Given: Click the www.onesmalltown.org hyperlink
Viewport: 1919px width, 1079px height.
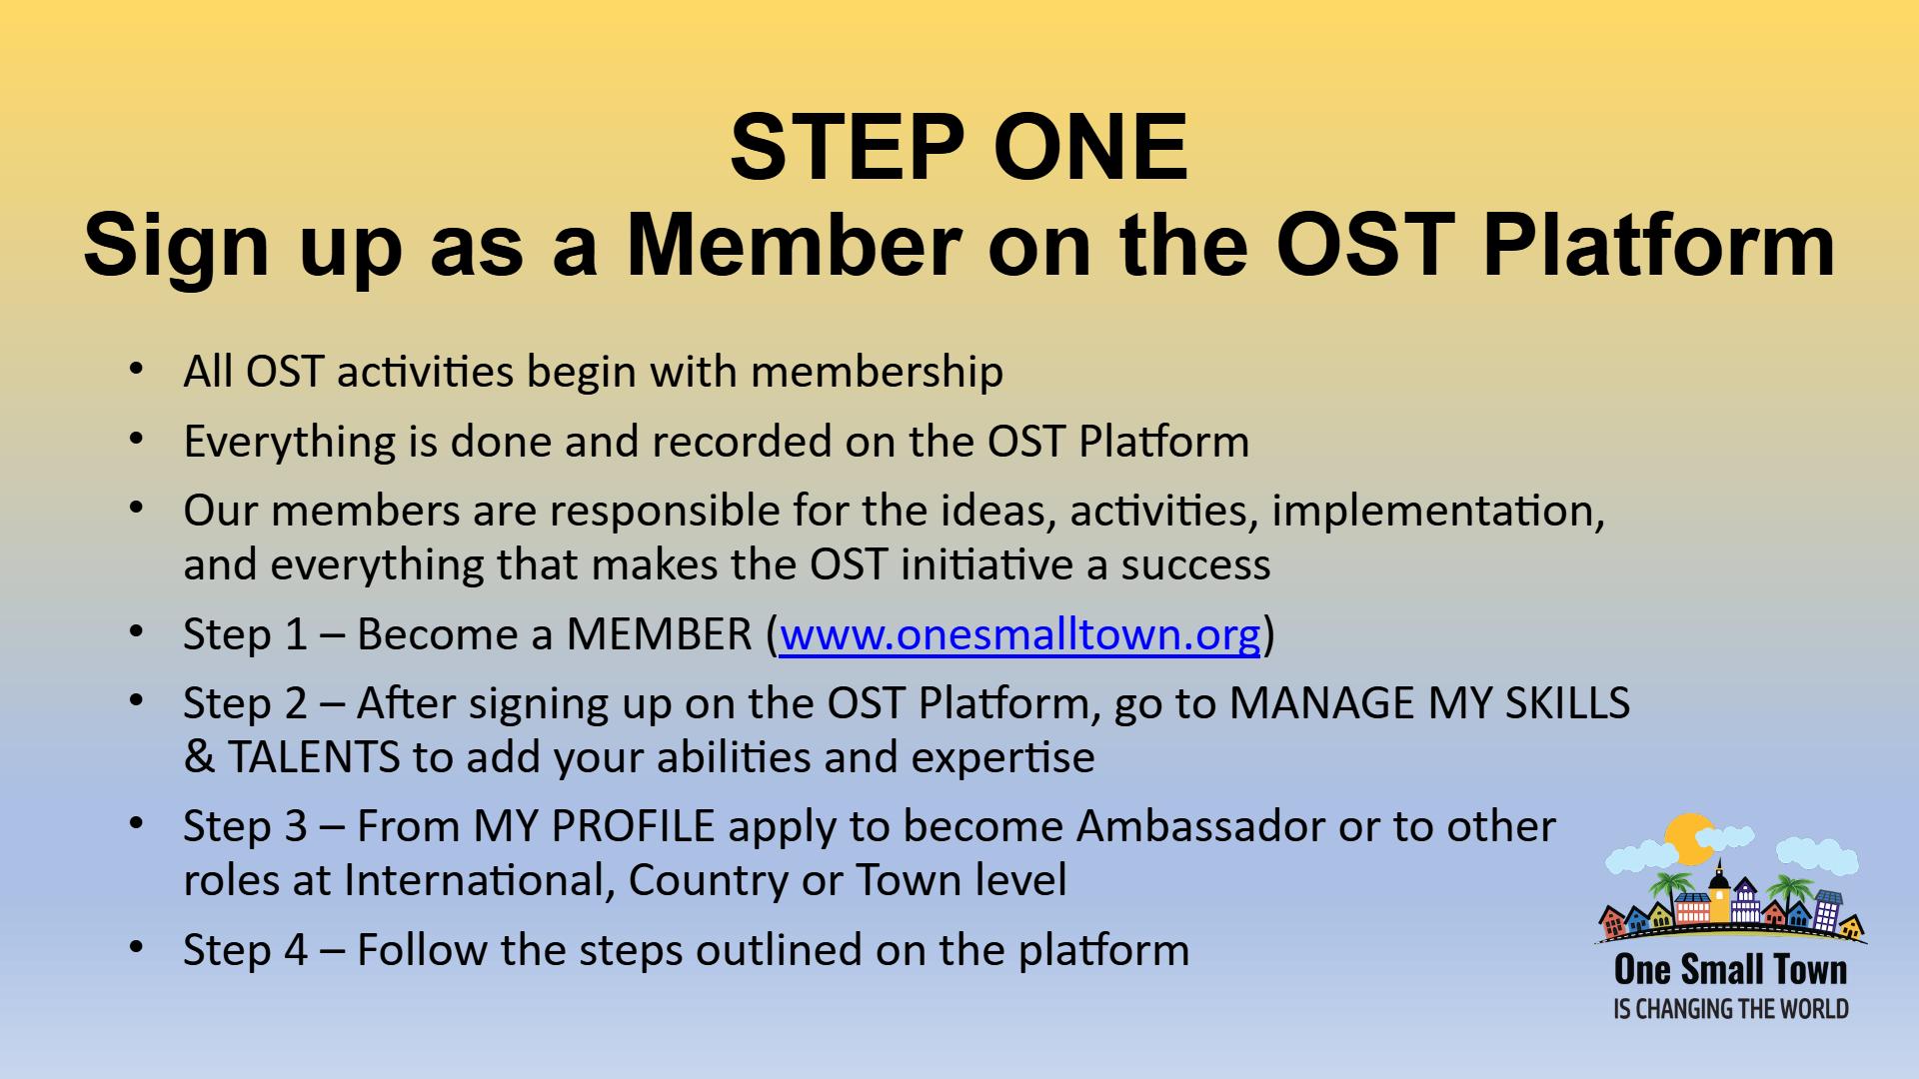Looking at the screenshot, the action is pyautogui.click(x=1019, y=634).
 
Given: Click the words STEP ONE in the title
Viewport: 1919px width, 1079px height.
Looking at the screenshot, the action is pyautogui.click(x=959, y=147).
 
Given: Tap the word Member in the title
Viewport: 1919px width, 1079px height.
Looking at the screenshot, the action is pyautogui.click(x=794, y=245).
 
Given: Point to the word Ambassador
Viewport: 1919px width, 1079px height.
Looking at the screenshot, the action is pyautogui.click(x=1200, y=826).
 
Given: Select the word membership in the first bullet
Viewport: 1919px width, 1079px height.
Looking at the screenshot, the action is pyautogui.click(x=877, y=373).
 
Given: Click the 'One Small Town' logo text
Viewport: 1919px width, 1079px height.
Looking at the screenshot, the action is pyautogui.click(x=1731, y=969).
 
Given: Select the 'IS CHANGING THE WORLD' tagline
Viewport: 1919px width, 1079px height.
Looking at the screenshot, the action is pyautogui.click(x=1731, y=1009).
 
